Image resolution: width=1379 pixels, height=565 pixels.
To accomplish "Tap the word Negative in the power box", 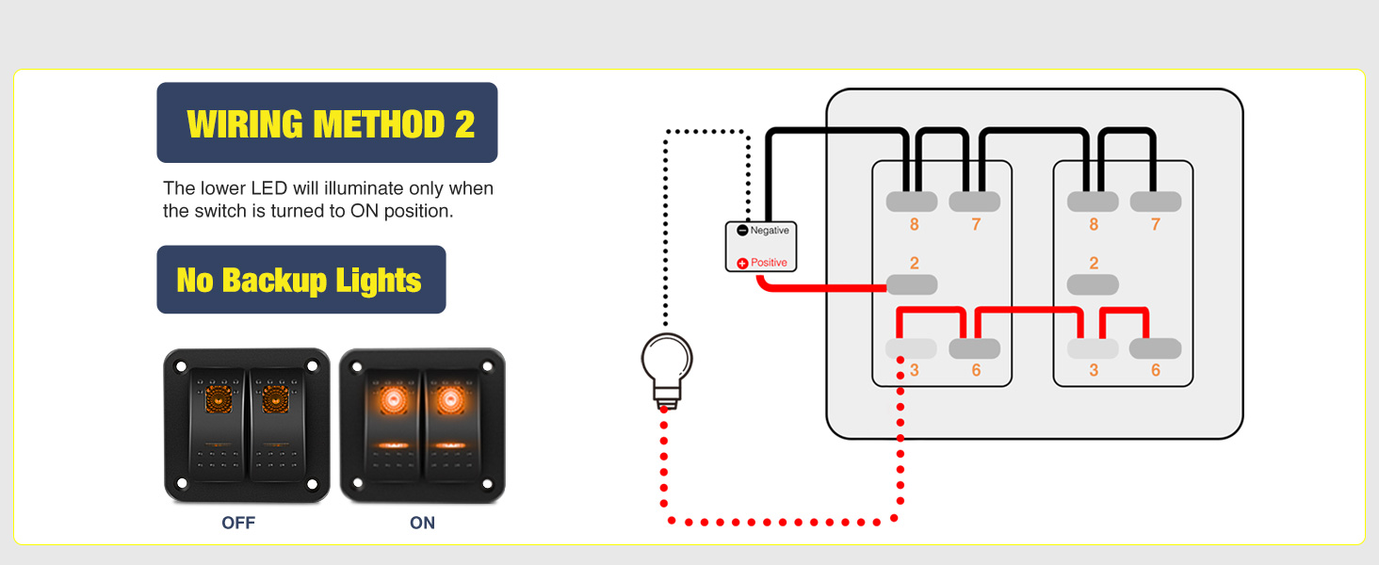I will [770, 231].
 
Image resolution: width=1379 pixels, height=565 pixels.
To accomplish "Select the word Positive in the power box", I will [769, 263].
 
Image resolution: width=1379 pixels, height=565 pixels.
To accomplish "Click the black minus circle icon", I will [742, 231].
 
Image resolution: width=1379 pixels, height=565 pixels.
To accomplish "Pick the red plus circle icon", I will [742, 263].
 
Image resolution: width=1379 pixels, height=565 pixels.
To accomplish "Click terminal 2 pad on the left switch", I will [912, 284].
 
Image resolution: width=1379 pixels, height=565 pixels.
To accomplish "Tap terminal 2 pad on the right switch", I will [1093, 284].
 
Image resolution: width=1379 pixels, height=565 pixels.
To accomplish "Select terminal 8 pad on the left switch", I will [912, 202].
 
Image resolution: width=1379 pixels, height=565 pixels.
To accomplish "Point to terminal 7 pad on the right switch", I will [1155, 202].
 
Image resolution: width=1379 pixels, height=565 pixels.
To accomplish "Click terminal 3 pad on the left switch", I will [912, 348].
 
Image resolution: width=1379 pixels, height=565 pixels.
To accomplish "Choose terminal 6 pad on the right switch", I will [1155, 348].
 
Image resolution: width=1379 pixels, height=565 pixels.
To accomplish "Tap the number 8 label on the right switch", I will [1094, 225].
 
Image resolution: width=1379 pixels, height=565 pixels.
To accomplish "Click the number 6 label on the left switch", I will [976, 370].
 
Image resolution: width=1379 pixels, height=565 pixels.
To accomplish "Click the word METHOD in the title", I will [379, 123].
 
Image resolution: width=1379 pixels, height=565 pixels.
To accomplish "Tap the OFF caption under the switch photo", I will [238, 523].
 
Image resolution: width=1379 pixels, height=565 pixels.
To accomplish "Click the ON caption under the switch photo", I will [422, 523].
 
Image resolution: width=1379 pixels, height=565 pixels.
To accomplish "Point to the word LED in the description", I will [268, 188].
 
